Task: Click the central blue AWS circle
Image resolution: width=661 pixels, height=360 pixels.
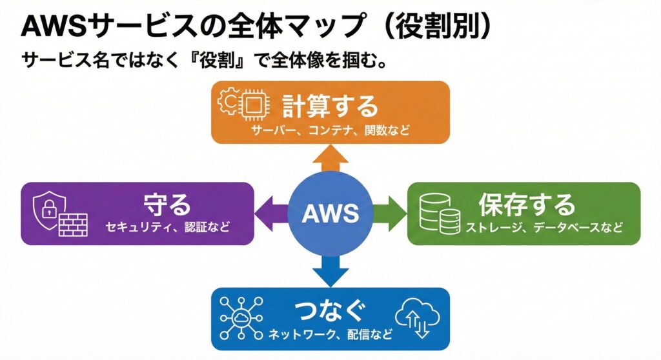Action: click(330, 213)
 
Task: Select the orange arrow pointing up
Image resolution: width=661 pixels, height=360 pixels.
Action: click(330, 157)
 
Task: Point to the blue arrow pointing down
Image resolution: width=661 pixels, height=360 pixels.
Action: click(330, 270)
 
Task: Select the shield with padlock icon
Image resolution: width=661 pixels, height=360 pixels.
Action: click(47, 208)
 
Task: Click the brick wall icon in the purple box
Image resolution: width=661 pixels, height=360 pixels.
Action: click(73, 223)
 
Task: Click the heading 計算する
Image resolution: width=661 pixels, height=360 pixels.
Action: click(329, 106)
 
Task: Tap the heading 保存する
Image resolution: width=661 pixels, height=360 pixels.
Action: click(526, 205)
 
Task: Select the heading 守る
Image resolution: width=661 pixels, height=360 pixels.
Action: click(168, 205)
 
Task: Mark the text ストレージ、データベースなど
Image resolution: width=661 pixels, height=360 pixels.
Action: click(544, 228)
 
